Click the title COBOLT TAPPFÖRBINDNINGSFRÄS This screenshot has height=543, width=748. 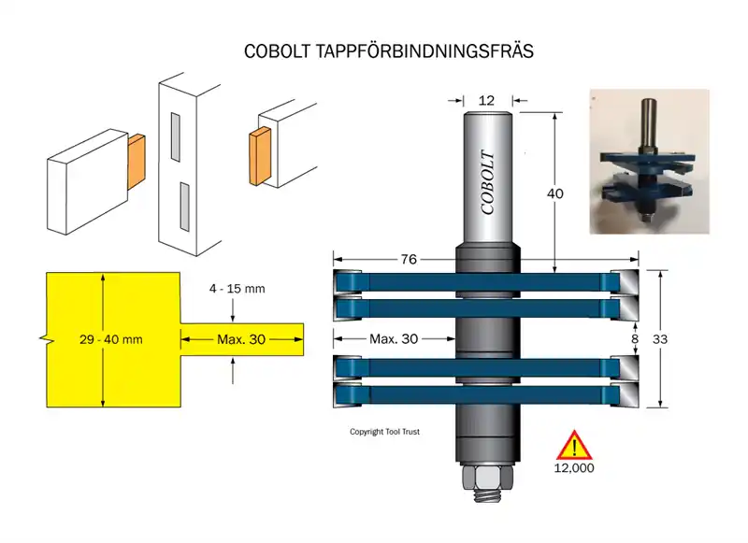coord(388,51)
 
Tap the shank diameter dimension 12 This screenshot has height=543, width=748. coord(485,100)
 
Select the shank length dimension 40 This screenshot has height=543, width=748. coord(555,193)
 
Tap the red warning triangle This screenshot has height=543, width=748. coord(573,445)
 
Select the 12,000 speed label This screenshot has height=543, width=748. coord(573,466)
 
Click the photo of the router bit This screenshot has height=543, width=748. coord(649,160)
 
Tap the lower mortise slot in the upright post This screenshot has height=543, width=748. coord(185,205)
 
